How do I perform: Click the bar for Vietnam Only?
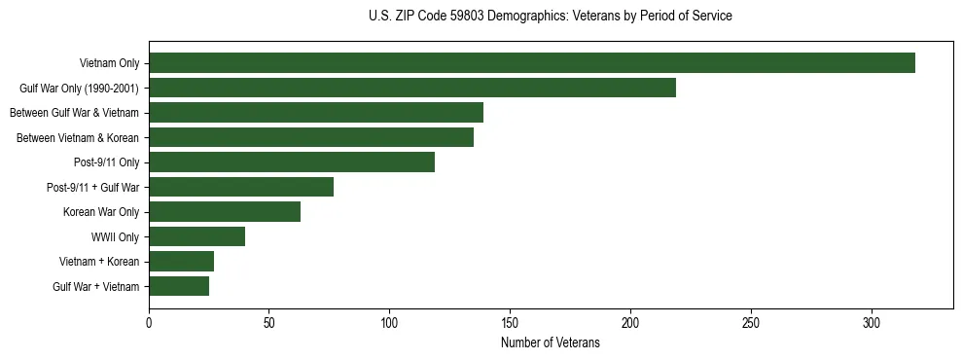(532, 63)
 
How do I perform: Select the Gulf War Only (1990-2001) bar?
(412, 88)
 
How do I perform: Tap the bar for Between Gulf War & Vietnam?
(316, 113)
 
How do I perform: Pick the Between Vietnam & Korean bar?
(311, 137)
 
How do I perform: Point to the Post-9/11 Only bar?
(292, 162)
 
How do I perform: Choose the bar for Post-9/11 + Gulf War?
(241, 187)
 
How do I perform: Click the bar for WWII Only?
(196, 236)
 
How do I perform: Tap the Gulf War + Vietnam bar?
(179, 286)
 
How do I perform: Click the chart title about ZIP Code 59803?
(551, 17)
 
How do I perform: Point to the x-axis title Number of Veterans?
(551, 343)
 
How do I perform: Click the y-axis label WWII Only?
(115, 237)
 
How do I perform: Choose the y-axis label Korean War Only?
(101, 212)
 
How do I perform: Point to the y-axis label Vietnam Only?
(109, 63)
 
